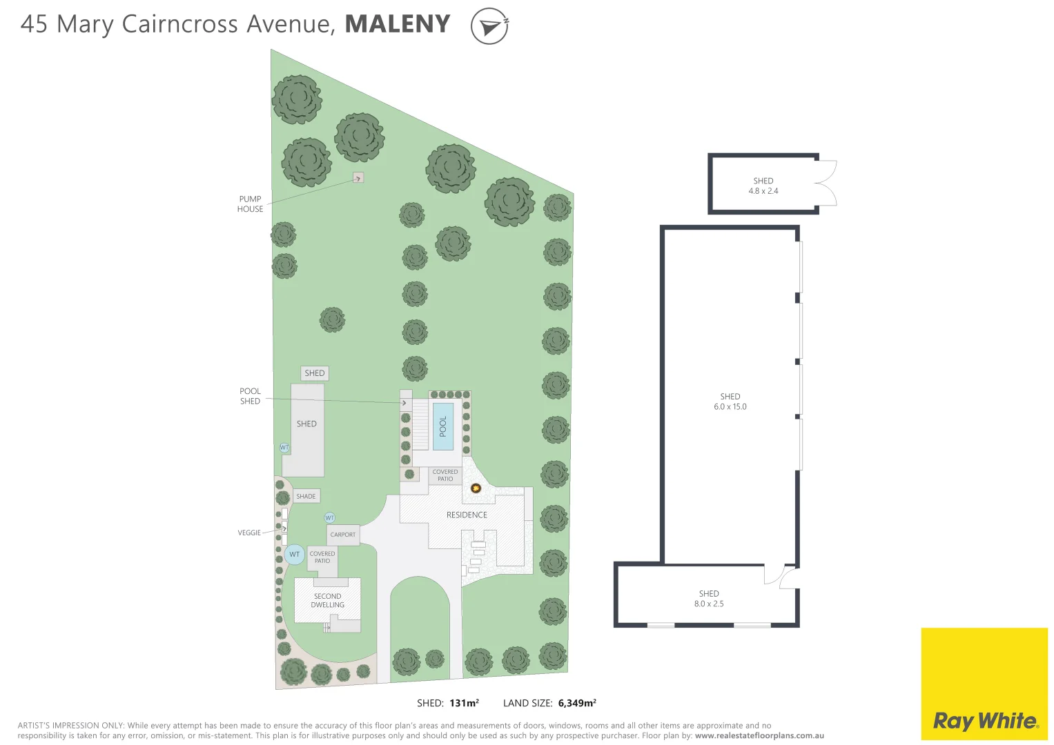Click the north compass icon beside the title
(489, 26)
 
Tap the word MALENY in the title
(398, 24)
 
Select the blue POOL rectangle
(442, 426)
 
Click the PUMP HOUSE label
(250, 204)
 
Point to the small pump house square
(358, 178)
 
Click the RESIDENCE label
(467, 515)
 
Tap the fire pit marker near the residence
(476, 488)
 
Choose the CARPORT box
(343, 535)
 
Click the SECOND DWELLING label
(327, 601)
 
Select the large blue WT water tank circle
(294, 555)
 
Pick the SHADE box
(306, 496)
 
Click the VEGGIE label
(249, 533)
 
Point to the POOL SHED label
(250, 396)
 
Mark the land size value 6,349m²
(577, 703)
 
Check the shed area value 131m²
(464, 703)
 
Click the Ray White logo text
(985, 721)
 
